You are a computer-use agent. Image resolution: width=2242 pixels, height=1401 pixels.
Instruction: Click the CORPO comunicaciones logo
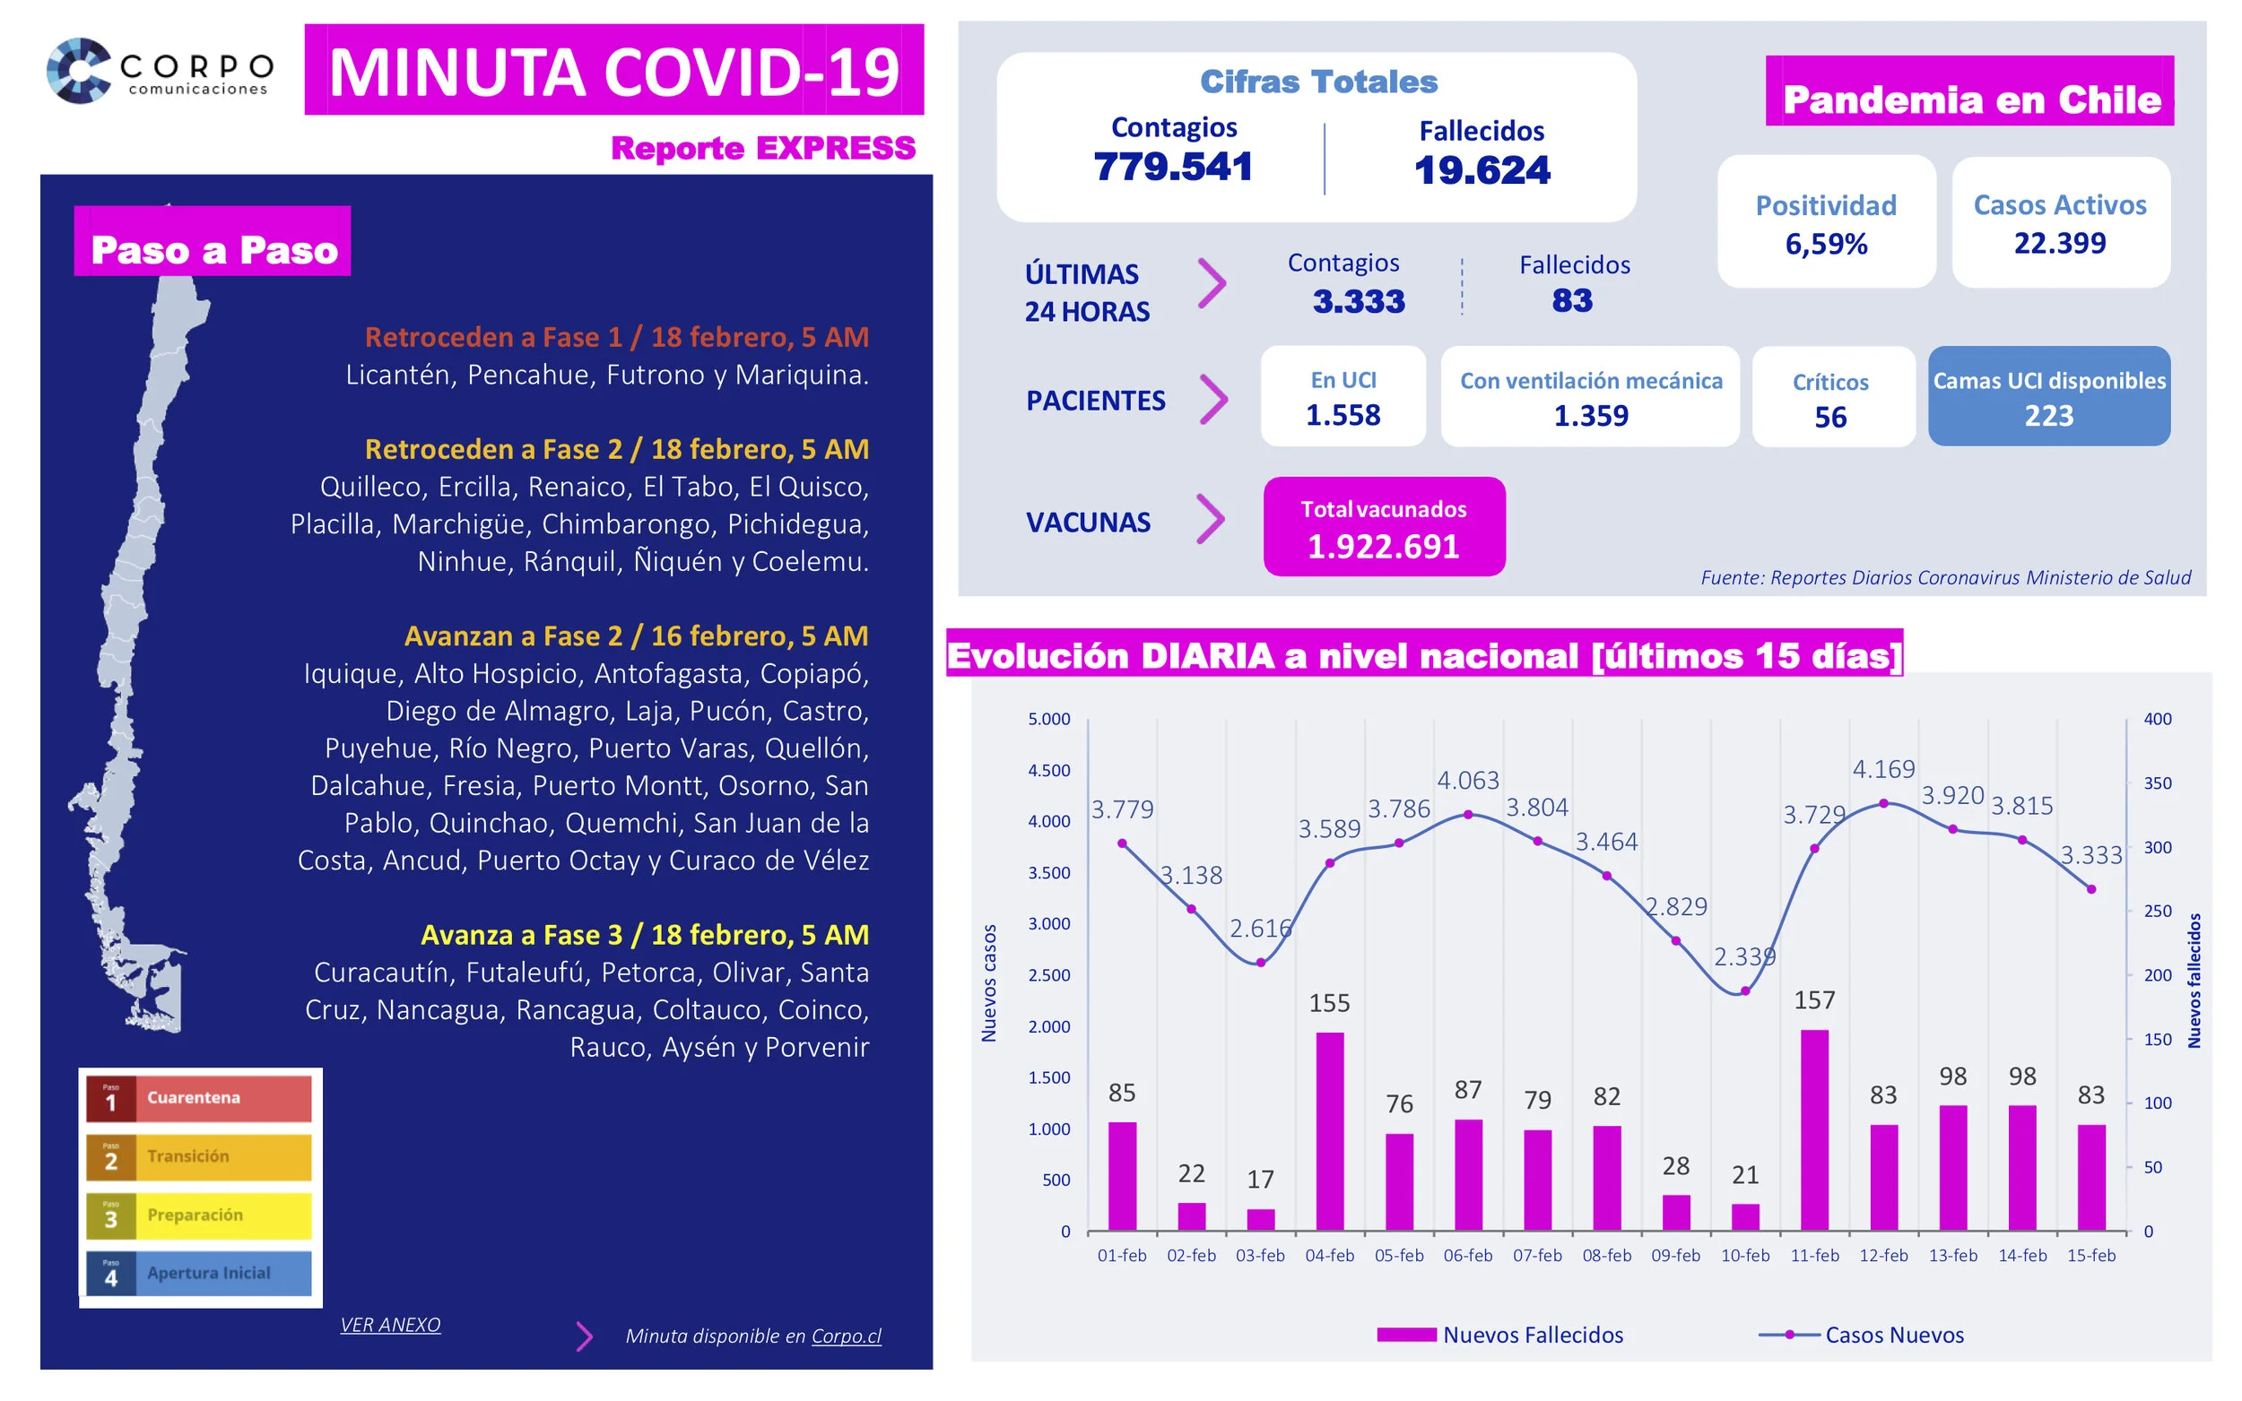coord(160,71)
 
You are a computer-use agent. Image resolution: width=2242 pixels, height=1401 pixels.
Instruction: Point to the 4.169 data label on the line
coord(1882,768)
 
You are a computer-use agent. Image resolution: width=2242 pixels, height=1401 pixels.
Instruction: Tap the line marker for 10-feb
coord(1744,990)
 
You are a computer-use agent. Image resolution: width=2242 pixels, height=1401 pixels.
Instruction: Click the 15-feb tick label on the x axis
coord(2091,1255)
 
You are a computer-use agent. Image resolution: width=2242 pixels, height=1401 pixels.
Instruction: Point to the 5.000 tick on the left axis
coord(1048,719)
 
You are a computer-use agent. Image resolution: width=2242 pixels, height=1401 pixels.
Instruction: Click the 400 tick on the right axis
coord(2157,719)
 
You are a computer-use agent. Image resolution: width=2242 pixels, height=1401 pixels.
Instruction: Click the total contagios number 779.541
coord(1172,167)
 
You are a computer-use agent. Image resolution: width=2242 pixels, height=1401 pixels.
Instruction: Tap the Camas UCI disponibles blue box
coord(2048,396)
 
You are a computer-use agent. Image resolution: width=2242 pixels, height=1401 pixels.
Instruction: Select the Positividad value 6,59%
coord(1826,244)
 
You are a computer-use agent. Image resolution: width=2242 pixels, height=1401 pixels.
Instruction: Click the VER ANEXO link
coord(390,1324)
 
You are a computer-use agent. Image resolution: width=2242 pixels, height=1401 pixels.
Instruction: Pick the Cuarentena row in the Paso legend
coord(198,1098)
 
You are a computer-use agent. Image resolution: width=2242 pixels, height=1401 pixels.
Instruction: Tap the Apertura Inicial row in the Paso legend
coord(198,1273)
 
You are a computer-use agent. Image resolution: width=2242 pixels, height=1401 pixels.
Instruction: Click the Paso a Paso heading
coord(213,248)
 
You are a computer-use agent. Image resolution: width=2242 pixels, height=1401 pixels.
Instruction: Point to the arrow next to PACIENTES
coord(1213,400)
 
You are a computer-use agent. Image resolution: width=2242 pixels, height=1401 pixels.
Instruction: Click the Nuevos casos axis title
coord(988,982)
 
